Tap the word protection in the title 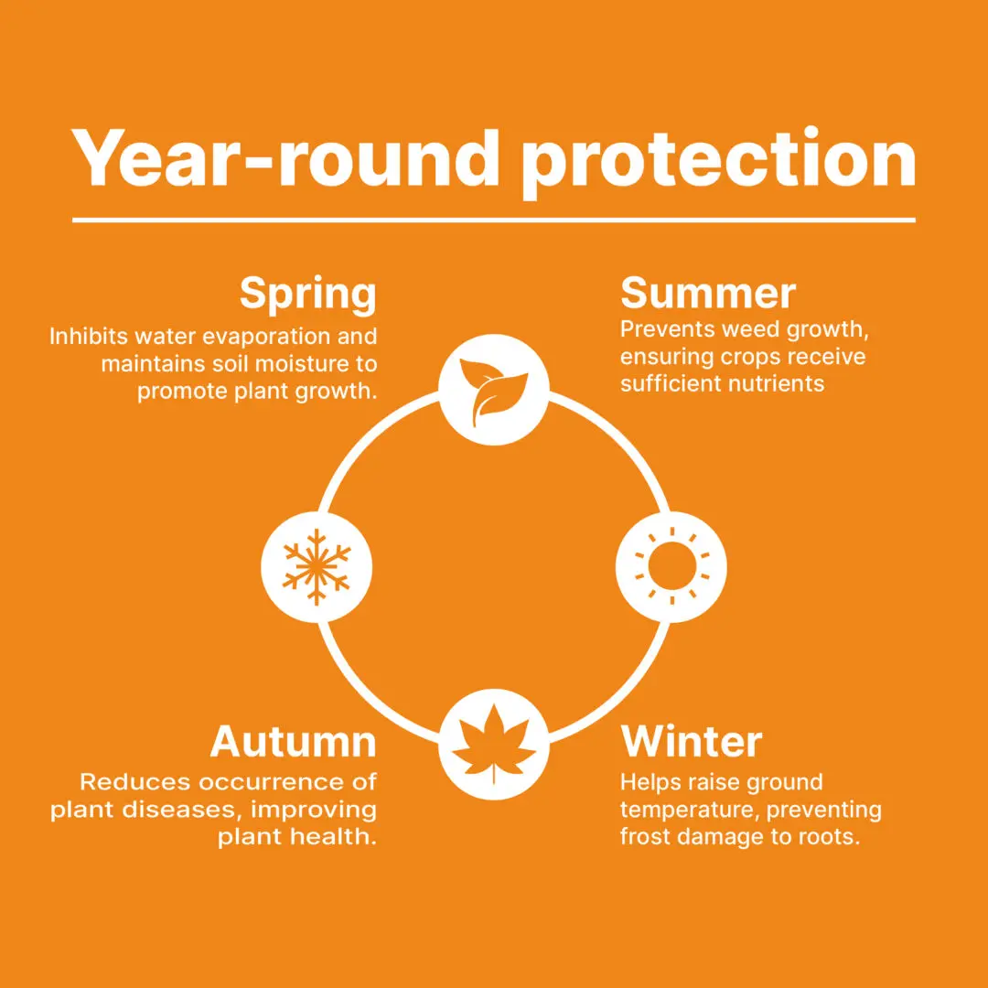[719, 163]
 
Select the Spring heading [308, 295]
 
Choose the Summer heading [707, 293]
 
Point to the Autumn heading [293, 742]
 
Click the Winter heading [692, 742]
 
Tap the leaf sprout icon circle [494, 390]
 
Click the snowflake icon [317, 567]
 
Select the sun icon [671, 567]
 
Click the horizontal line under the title [494, 220]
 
